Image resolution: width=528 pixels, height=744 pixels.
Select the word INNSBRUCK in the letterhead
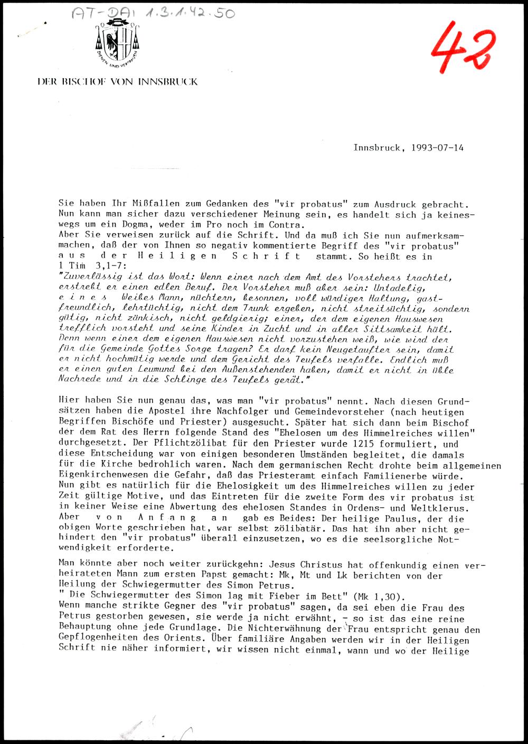[x=168, y=82]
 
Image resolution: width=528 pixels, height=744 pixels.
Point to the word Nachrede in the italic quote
[x=78, y=379]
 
